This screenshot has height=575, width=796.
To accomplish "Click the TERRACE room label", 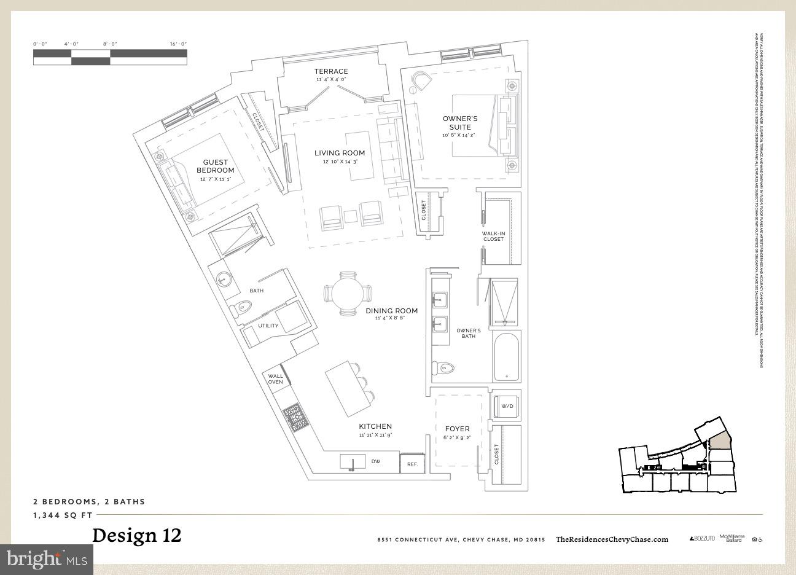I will (331, 71).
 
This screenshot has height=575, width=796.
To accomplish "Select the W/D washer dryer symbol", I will (507, 405).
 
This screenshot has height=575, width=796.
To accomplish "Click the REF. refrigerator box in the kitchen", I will (412, 464).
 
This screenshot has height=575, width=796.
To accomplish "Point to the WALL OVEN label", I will (275, 379).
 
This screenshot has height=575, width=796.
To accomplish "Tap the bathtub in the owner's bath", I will (507, 356).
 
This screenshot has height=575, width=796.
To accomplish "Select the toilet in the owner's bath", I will (443, 368).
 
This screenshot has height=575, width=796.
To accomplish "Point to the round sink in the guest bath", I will (223, 279).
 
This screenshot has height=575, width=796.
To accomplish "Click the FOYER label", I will (457, 429).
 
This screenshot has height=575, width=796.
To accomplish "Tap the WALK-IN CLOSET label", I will (493, 236).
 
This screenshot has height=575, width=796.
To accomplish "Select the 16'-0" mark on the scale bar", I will (178, 44).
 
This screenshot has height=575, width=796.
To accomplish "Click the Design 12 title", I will (137, 535).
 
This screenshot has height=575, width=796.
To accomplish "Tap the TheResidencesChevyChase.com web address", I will (612, 539).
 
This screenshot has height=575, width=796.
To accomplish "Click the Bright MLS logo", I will (47, 559).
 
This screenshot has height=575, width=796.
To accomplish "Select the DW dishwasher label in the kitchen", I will (376, 461).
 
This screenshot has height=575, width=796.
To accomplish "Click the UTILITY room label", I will (268, 326).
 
